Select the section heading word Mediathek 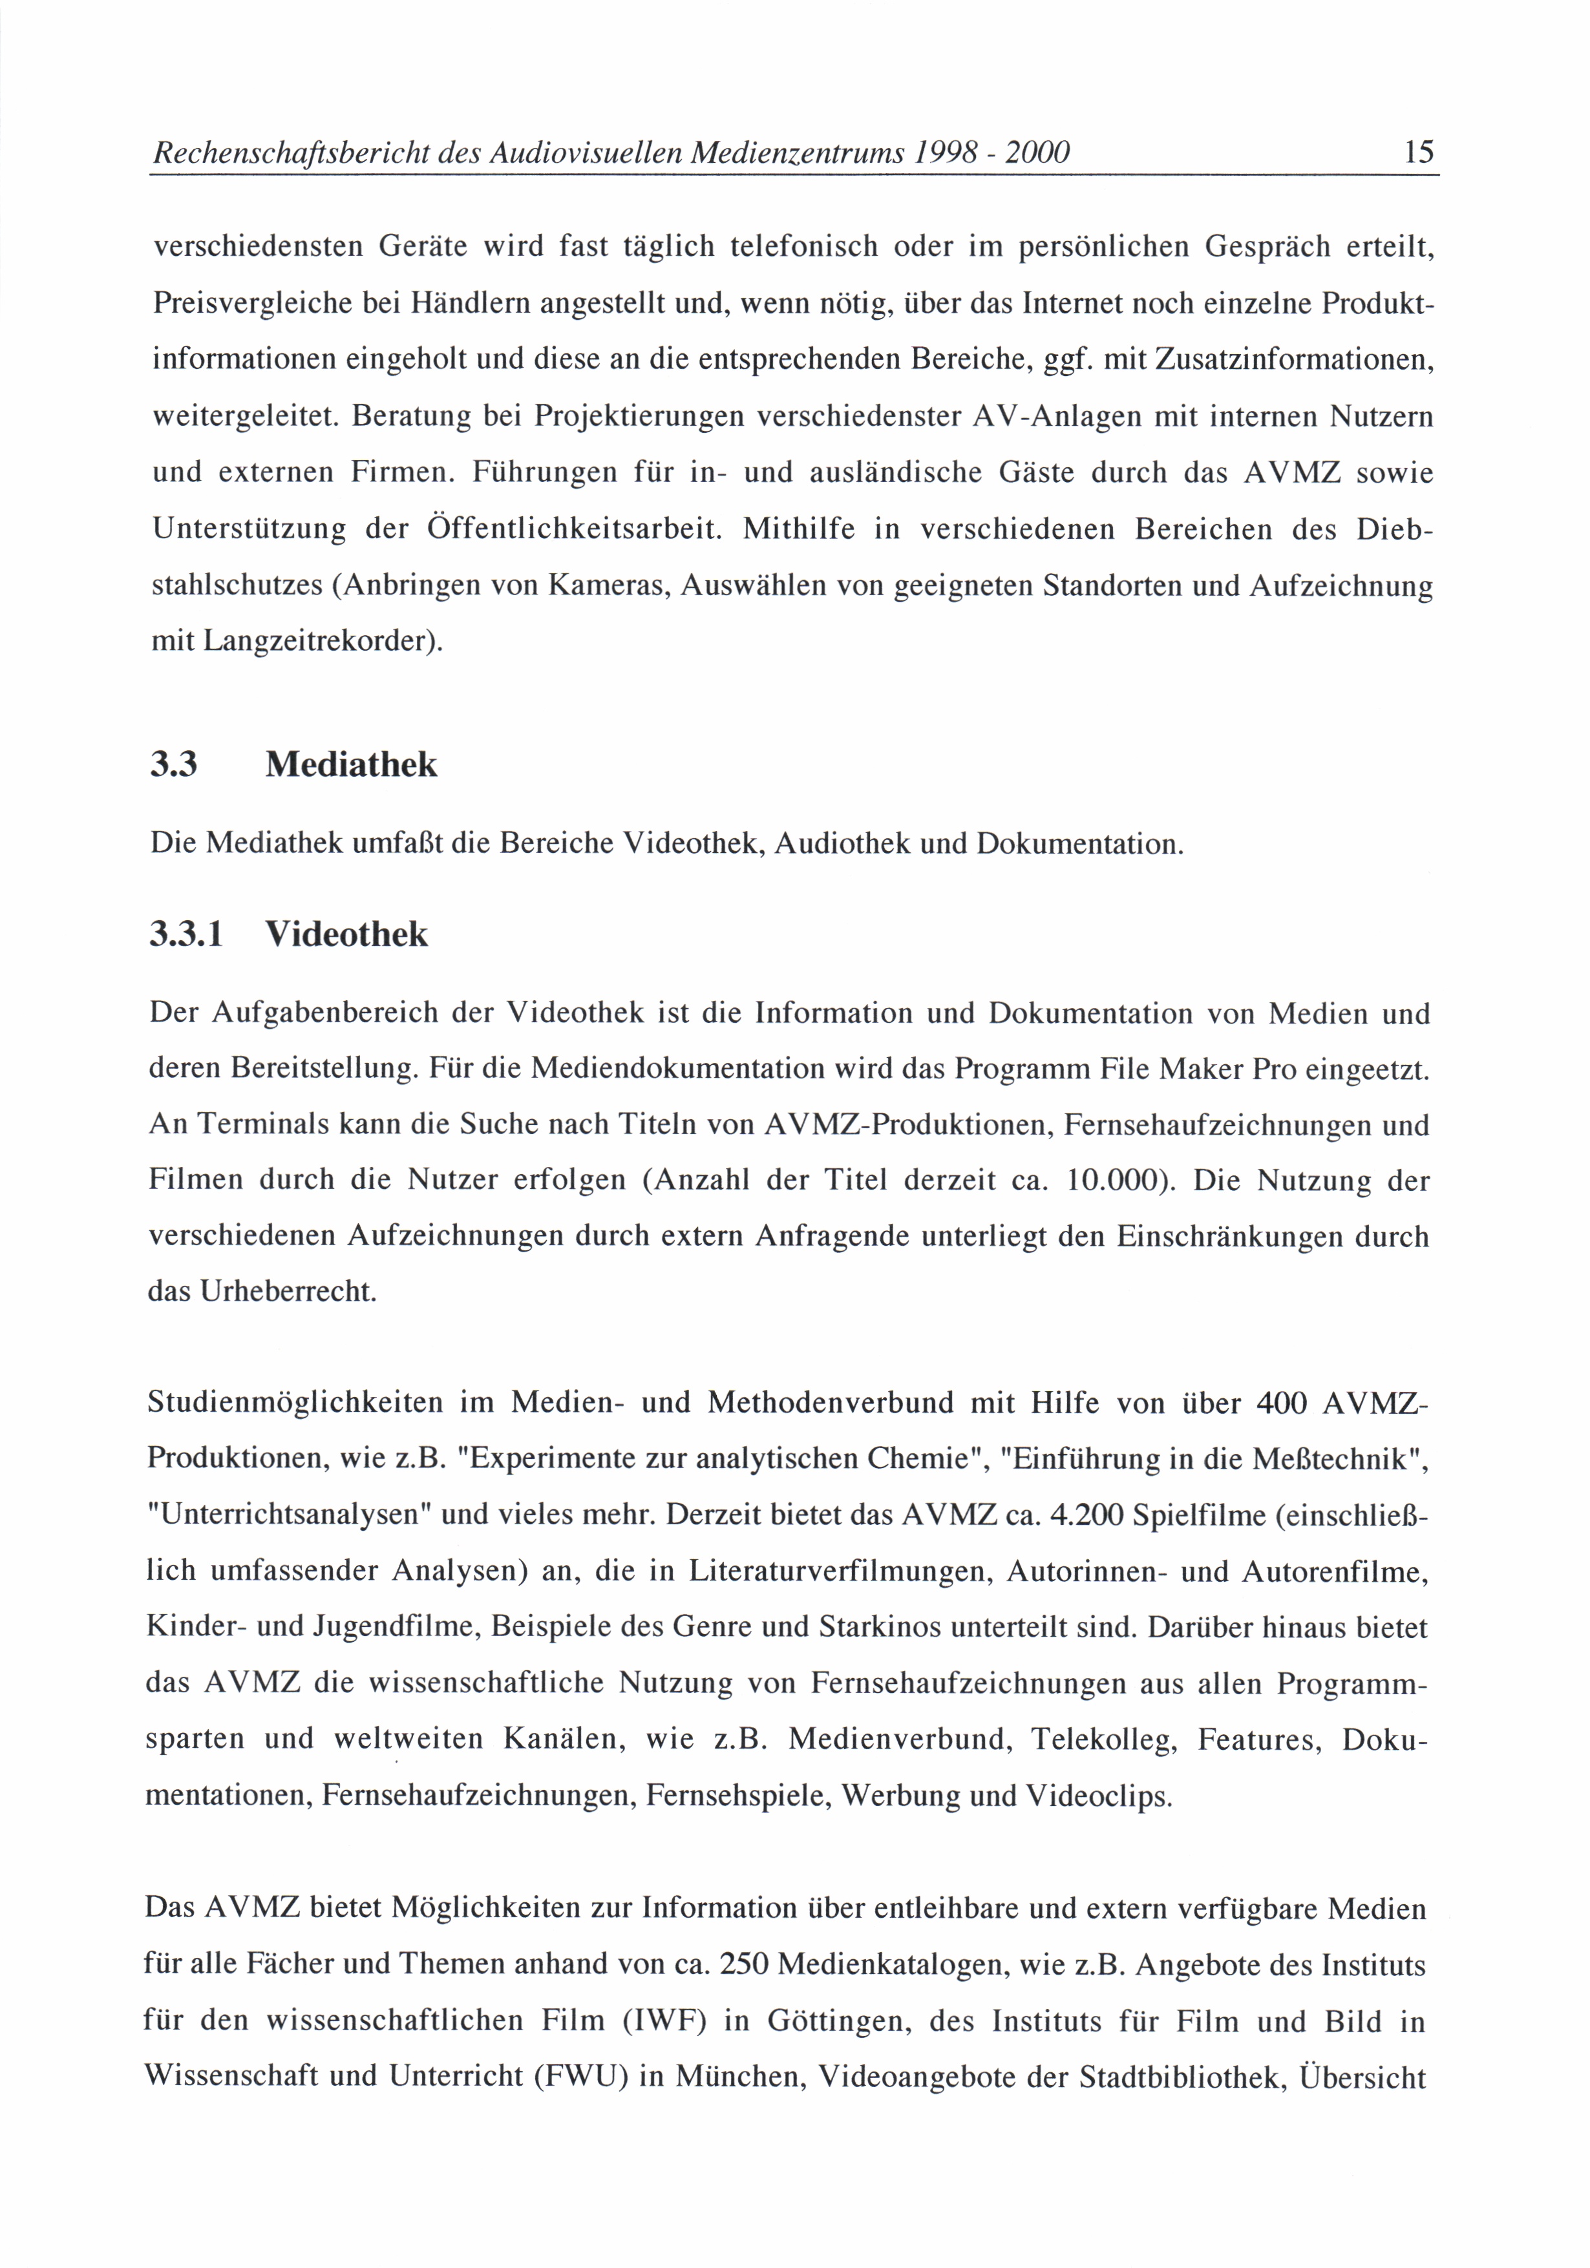[351, 764]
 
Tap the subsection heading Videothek [347, 934]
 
